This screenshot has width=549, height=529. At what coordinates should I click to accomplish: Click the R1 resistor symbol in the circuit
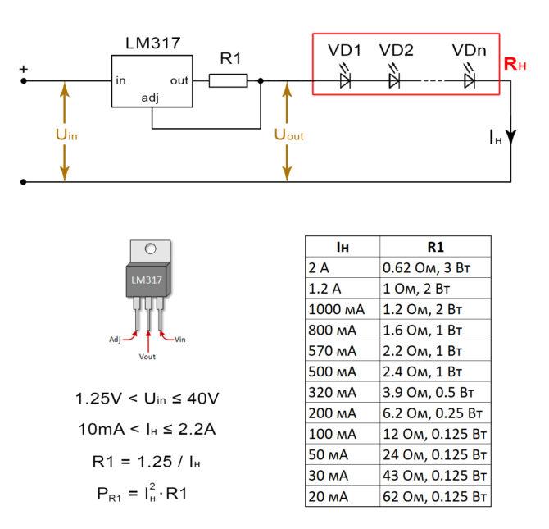click(x=228, y=80)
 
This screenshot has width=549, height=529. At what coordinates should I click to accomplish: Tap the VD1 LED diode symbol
click(x=345, y=80)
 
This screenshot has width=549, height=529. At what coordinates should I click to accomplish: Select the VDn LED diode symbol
click(x=470, y=80)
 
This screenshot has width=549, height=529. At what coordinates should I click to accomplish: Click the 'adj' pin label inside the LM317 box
click(x=150, y=98)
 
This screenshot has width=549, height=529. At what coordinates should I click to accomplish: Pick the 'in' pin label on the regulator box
click(x=121, y=80)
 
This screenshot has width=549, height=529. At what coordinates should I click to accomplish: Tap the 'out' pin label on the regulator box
click(x=179, y=80)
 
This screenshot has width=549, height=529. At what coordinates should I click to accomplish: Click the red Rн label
click(x=515, y=64)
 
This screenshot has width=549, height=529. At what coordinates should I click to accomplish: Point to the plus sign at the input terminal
click(x=23, y=69)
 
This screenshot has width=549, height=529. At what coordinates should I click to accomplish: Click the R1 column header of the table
click(x=434, y=246)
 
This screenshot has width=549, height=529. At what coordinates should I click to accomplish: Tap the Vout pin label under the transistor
click(x=147, y=357)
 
